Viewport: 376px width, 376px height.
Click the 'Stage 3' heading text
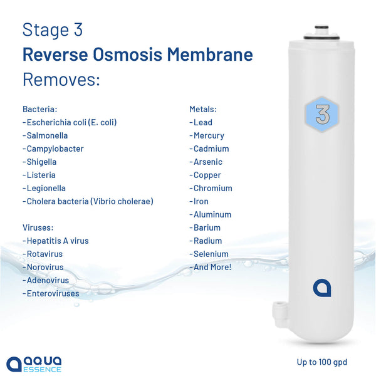coord(53,29)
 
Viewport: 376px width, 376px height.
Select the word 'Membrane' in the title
coord(210,55)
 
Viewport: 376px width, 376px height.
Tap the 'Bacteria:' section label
coord(40,109)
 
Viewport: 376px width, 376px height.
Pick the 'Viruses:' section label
coord(38,227)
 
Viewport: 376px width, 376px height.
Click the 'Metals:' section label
coord(203,109)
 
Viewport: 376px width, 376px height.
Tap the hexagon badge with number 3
coord(322,115)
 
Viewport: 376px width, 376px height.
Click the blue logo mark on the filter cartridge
coord(322,288)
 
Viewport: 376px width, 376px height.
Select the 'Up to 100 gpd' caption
coord(322,362)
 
